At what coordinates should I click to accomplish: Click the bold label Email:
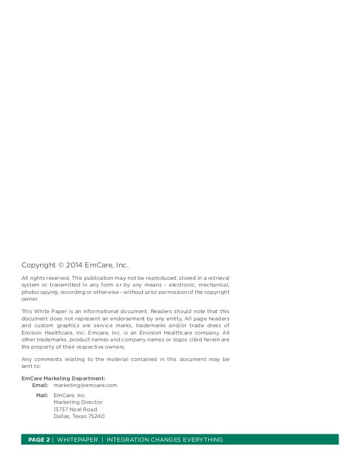[x=41, y=385]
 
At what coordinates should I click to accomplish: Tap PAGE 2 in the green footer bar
[x=36, y=439]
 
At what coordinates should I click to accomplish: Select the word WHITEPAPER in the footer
[x=76, y=439]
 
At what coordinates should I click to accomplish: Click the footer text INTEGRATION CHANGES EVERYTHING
[x=164, y=439]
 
